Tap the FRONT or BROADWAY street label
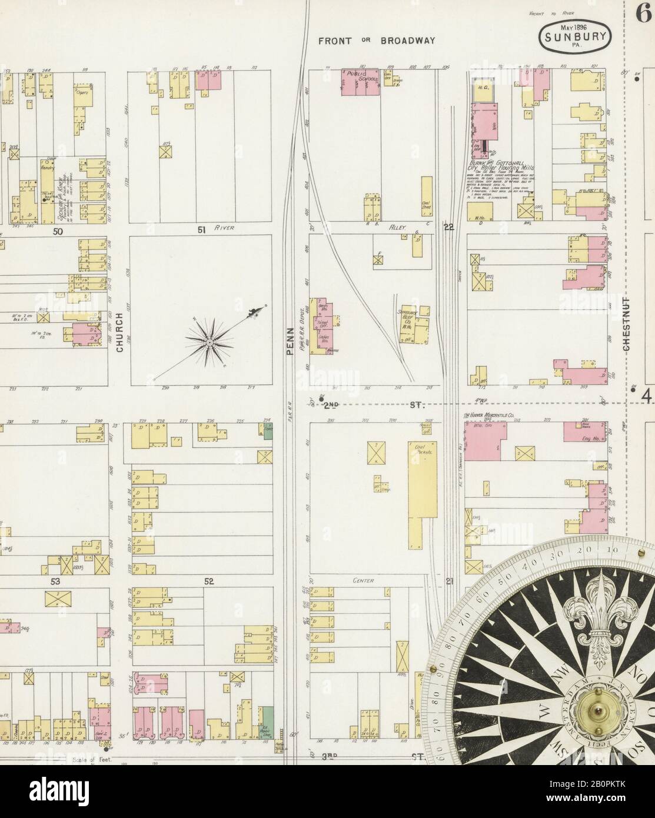tap(377, 41)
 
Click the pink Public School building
tap(361, 84)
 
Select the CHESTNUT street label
tap(627, 324)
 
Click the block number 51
tap(201, 231)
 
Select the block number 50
tap(57, 232)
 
